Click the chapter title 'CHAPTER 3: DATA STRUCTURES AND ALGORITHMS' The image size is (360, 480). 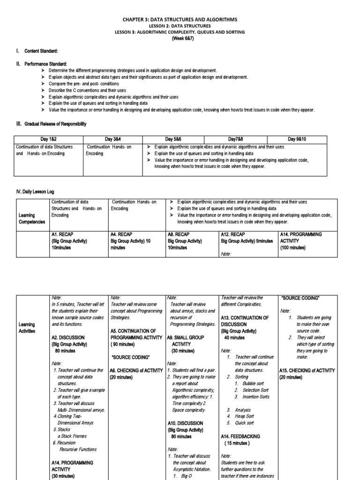point(180,19)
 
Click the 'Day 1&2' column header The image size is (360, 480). point(48,139)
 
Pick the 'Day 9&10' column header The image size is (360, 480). point(303,139)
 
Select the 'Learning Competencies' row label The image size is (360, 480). point(32,218)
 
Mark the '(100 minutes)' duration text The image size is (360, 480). point(292,247)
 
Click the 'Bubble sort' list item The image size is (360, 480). point(253,383)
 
